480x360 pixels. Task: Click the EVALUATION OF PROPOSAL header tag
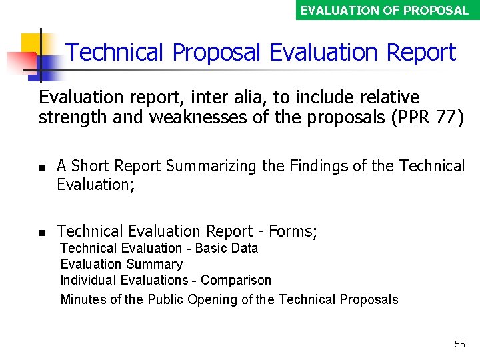point(385,10)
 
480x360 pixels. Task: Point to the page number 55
point(459,344)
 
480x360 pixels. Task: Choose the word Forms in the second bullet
point(291,231)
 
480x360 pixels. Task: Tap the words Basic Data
point(226,248)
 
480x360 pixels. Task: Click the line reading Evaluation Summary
point(121,264)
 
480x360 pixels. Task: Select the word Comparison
point(236,280)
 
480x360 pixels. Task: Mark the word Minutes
point(83,299)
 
